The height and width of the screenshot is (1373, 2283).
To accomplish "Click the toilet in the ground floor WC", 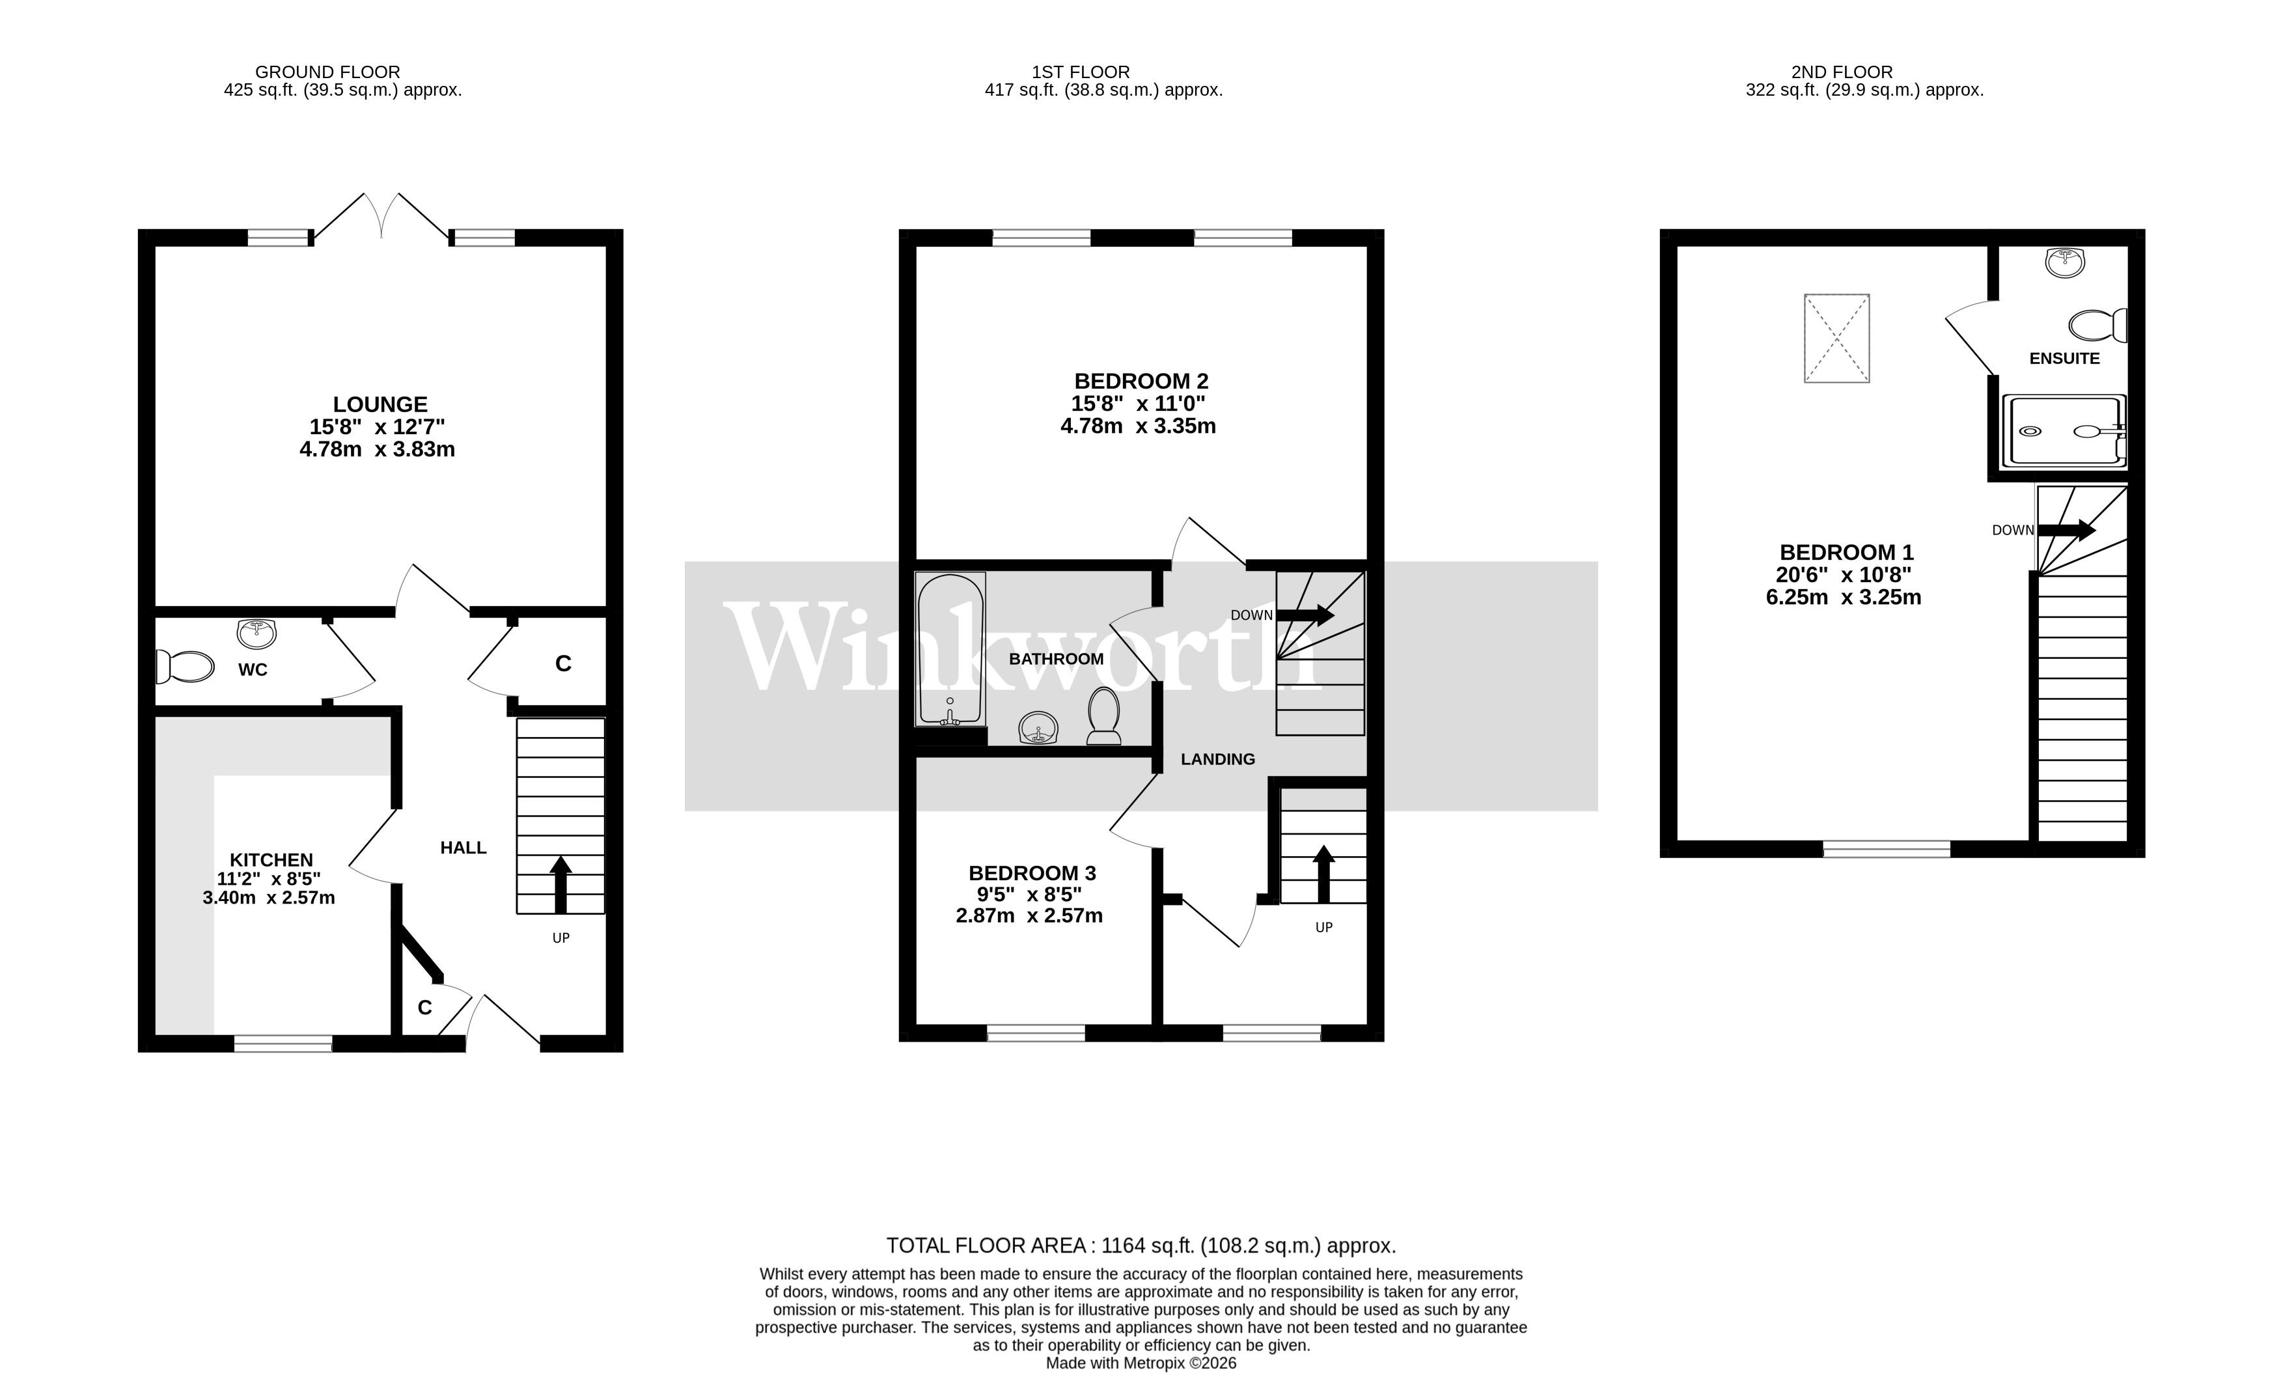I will pyautogui.click(x=186, y=666).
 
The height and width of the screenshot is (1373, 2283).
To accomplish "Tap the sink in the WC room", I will pyautogui.click(x=256, y=633).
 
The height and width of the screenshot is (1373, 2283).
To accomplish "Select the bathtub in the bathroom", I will pyautogui.click(x=949, y=648).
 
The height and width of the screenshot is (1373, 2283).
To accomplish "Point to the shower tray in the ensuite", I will pyautogui.click(x=2063, y=431).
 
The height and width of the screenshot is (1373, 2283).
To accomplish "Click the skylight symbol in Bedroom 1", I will pyautogui.click(x=1836, y=338).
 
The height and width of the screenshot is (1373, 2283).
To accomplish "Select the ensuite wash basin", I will pyautogui.click(x=2065, y=263).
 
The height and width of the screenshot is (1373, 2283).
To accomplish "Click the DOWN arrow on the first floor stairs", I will pyautogui.click(x=1305, y=615).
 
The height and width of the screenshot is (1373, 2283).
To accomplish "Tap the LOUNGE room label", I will pyautogui.click(x=380, y=404).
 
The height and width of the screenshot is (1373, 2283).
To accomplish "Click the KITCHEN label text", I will pyautogui.click(x=271, y=859).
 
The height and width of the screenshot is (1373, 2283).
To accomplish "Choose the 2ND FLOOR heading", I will pyautogui.click(x=1841, y=71).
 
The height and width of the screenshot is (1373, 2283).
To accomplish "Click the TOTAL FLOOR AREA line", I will pyautogui.click(x=1140, y=1245).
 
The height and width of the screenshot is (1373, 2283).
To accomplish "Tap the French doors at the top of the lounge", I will pyautogui.click(x=381, y=217).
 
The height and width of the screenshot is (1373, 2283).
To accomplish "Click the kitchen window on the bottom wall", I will pyautogui.click(x=282, y=1044).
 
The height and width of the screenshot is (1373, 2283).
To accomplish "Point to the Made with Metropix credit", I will pyautogui.click(x=1140, y=1363).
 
